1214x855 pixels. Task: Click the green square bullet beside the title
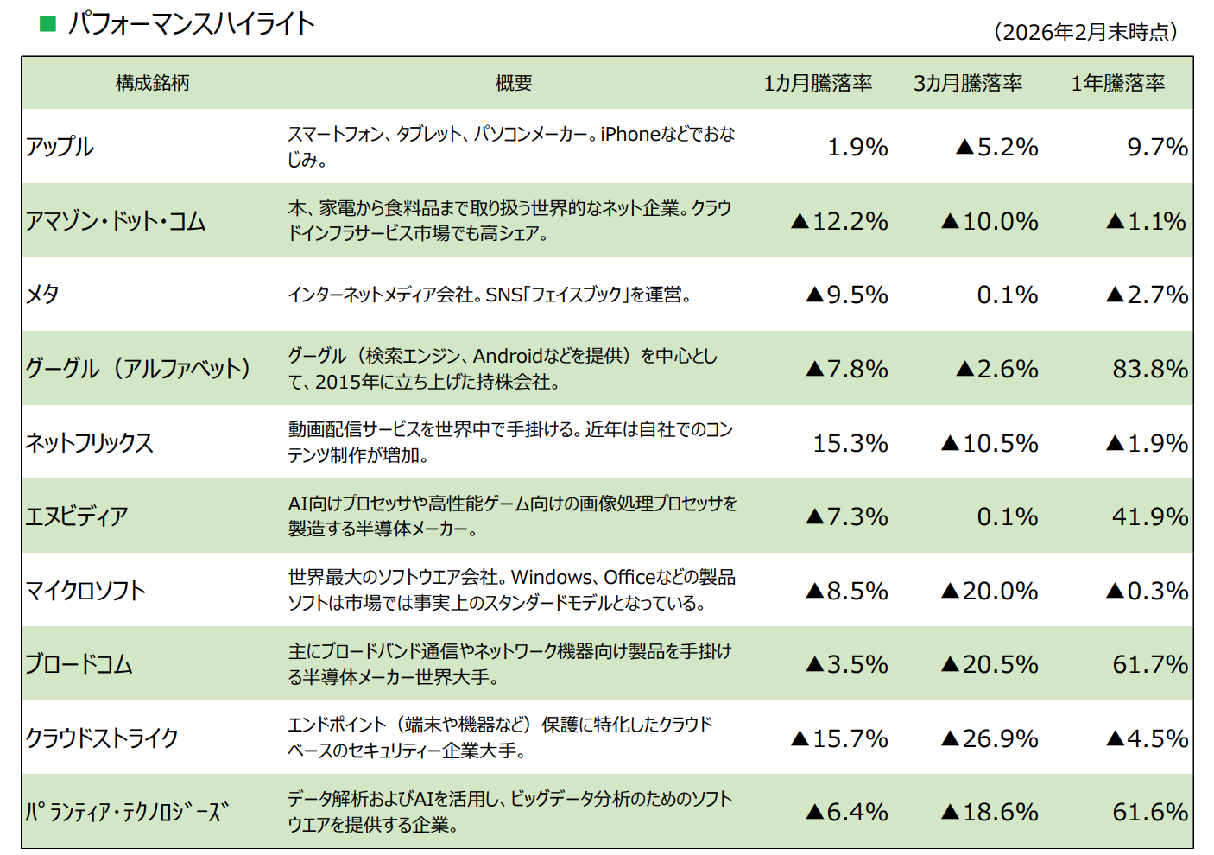pos(48,23)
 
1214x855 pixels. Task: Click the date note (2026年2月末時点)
pos(1085,32)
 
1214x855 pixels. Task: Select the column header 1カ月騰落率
pos(817,83)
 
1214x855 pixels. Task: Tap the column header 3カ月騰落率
pos(968,83)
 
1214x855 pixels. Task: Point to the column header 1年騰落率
pos(1117,83)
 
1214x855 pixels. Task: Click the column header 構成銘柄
pos(152,83)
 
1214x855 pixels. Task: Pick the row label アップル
pos(60,147)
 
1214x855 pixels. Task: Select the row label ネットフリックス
pos(89,443)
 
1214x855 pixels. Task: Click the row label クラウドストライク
pos(102,738)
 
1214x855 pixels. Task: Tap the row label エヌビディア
pos(77,516)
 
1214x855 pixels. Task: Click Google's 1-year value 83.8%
pos(1149,369)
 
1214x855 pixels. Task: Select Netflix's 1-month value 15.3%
pos(850,443)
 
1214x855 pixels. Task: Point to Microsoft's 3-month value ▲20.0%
pos(990,591)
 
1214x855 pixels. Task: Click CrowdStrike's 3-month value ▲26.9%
pos(990,738)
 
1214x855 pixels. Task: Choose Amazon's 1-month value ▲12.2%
pos(839,221)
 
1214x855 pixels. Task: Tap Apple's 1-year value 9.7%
pos(1157,147)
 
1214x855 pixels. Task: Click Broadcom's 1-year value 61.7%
pos(1149,664)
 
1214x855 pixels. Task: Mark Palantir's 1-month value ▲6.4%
pos(846,812)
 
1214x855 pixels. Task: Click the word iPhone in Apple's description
pos(630,134)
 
